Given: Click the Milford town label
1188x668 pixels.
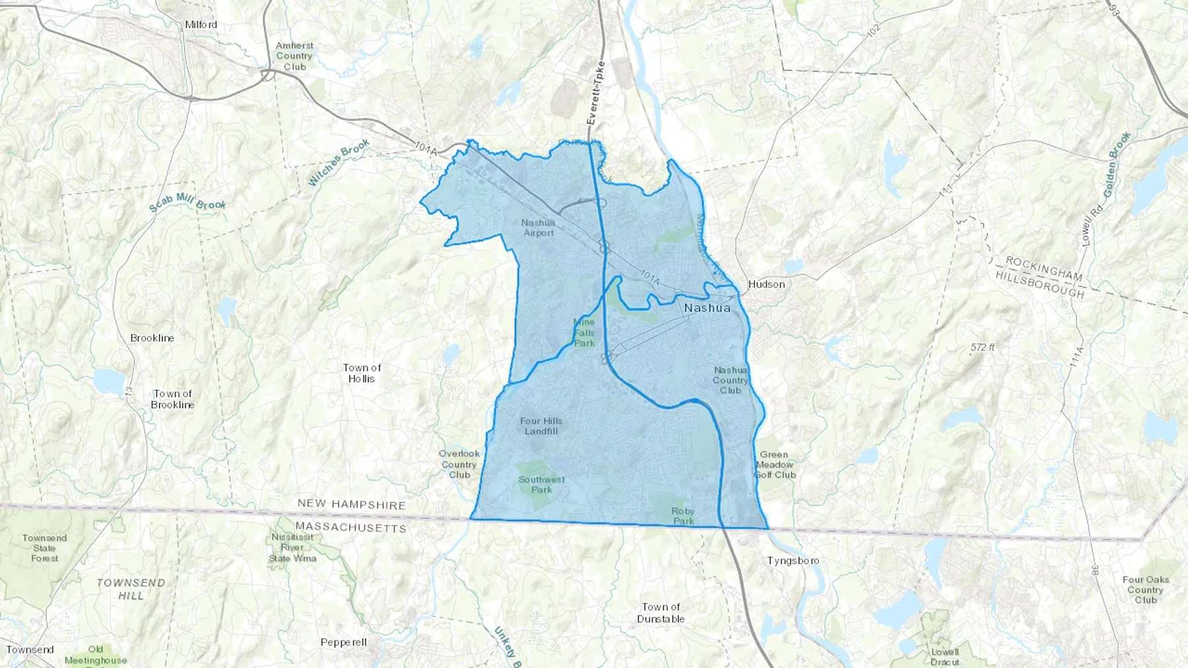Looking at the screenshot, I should tap(201, 24).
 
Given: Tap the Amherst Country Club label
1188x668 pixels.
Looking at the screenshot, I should tap(294, 56).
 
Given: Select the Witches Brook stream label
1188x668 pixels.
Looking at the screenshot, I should tap(339, 162).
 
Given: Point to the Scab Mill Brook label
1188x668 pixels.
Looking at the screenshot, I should tap(187, 202).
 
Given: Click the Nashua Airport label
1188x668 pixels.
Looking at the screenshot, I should tap(539, 228).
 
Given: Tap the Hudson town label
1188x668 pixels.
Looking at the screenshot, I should tap(766, 284).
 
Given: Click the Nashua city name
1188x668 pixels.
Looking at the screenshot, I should tap(707, 308).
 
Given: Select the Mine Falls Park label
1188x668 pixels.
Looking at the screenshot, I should tap(584, 332).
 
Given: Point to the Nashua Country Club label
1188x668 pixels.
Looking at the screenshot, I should tap(731, 380).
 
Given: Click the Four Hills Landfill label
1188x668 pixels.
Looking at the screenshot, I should tap(541, 426).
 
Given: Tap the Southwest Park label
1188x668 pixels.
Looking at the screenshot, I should tap(541, 485).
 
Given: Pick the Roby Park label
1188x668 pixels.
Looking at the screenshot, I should tap(683, 516).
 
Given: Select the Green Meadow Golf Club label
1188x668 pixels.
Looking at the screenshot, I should tap(775, 464).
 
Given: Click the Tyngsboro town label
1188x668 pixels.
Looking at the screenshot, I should tap(793, 561).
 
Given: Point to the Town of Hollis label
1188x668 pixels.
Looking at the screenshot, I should tap(362, 373).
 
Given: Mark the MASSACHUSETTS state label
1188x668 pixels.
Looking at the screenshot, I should tap(350, 527).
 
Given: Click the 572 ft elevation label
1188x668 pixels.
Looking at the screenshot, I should tap(982, 347).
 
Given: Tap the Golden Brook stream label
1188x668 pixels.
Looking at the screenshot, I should tap(1116, 164).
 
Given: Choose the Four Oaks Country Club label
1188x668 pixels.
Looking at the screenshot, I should tap(1146, 590).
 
